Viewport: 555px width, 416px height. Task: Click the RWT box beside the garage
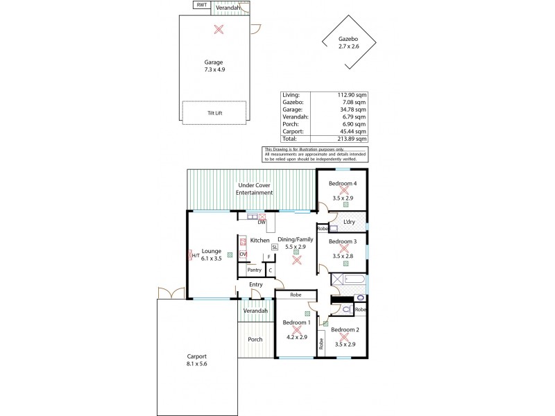(x=202, y=6)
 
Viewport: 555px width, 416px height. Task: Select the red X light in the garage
(x=219, y=29)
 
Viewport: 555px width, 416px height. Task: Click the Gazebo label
(x=349, y=40)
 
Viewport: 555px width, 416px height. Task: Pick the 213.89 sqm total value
(x=352, y=139)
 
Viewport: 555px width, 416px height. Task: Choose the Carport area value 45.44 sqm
(x=354, y=131)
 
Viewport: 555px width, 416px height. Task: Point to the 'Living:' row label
(x=291, y=95)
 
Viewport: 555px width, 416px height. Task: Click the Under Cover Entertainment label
(x=255, y=189)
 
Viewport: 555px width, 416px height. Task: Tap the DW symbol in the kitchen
(x=261, y=221)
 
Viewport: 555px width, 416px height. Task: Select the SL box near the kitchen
(x=275, y=247)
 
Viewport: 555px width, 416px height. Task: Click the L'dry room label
(x=349, y=222)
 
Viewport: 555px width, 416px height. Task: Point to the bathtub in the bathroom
(x=350, y=281)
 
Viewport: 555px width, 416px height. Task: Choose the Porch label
(x=255, y=339)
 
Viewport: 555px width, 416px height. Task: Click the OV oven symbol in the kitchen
(x=243, y=254)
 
